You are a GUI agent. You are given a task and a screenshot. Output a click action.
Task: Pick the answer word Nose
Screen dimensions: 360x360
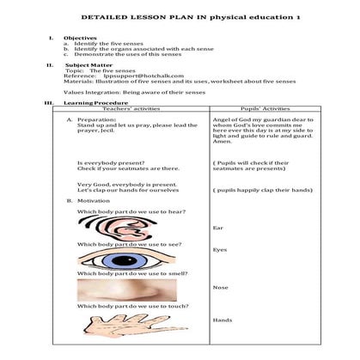coord(219,287)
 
